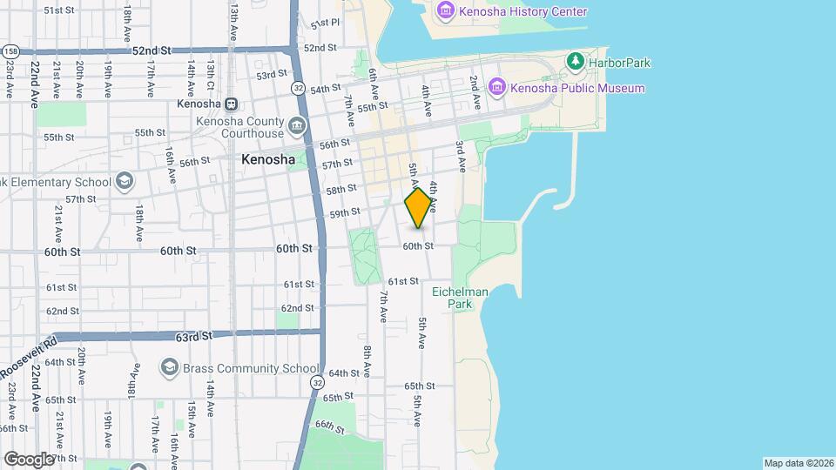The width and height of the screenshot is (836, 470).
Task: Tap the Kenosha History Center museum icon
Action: (x=446, y=11)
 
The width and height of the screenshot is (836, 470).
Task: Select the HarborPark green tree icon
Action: (x=575, y=62)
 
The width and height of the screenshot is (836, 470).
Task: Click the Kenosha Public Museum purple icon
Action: (x=497, y=87)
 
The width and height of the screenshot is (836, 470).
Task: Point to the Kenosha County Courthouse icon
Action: (x=297, y=127)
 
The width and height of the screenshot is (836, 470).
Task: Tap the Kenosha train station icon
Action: (x=231, y=104)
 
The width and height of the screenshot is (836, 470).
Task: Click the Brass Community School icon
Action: (x=170, y=368)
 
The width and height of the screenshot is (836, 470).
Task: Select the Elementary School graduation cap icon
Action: (x=125, y=181)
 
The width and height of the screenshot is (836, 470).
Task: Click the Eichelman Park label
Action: (x=472, y=298)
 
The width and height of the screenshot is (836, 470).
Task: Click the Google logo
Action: (x=29, y=459)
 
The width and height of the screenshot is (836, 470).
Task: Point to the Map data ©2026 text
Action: (x=798, y=462)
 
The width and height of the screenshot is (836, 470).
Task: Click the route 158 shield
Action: (x=9, y=51)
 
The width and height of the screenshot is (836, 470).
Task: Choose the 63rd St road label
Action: (x=193, y=336)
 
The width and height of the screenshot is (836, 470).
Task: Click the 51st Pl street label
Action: (x=324, y=23)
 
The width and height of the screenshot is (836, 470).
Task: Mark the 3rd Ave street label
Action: (x=460, y=157)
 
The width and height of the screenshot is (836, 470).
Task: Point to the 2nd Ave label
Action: (x=475, y=90)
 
